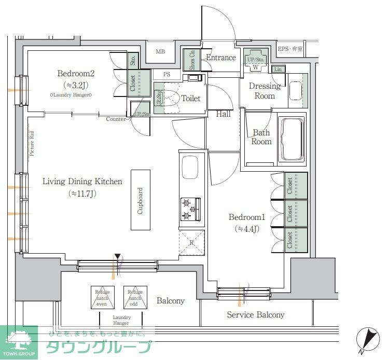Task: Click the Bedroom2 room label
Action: coord(76,74)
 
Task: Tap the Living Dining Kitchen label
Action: coord(82,182)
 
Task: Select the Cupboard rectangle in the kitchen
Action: coord(140,200)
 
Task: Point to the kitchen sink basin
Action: coord(189,169)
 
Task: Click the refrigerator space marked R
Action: coord(191,243)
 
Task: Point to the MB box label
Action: coord(160,51)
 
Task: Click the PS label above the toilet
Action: coord(167,74)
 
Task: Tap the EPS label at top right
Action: coord(290,49)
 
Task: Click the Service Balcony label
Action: coord(256,315)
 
